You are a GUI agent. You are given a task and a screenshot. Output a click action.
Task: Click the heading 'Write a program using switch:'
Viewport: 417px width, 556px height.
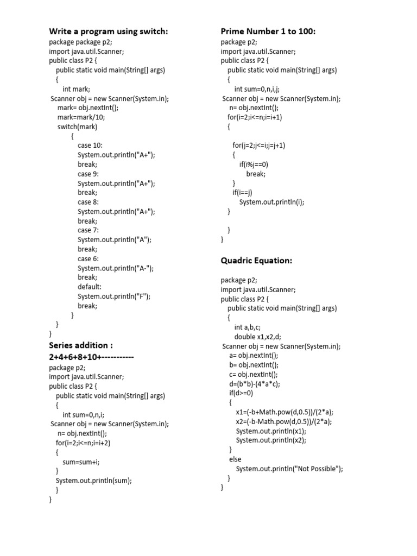point(109,31)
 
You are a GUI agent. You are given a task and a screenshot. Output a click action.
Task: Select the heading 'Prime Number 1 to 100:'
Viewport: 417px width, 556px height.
point(268,31)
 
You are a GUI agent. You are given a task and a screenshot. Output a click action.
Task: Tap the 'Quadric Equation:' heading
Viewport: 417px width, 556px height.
point(256,261)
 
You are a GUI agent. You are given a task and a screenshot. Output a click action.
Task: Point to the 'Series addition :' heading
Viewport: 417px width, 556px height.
point(81,345)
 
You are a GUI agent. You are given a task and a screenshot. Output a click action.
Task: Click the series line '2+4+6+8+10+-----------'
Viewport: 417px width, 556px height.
point(91,357)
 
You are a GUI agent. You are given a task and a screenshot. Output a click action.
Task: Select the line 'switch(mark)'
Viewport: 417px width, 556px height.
point(78,127)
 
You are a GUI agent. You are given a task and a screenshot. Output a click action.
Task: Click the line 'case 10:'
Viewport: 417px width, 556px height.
point(90,146)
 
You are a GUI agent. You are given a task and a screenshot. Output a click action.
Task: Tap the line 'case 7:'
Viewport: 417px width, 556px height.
point(88,230)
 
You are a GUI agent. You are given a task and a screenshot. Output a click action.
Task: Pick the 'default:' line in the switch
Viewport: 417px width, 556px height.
point(90,287)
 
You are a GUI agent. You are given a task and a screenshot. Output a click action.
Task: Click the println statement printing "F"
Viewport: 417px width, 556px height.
point(114,296)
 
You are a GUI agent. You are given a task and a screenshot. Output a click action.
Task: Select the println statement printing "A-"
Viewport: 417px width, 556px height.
point(116,268)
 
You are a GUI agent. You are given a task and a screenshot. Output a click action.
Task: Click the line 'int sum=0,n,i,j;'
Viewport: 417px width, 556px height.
point(257,89)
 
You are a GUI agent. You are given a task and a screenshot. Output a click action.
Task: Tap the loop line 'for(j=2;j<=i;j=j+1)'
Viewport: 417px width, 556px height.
point(259,146)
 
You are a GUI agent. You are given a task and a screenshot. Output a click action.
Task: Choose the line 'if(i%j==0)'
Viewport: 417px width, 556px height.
point(254,165)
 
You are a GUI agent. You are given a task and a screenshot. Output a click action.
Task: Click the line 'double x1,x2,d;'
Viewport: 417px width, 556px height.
point(258,337)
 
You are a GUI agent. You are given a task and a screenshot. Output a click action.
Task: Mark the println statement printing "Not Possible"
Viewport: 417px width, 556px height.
point(289,469)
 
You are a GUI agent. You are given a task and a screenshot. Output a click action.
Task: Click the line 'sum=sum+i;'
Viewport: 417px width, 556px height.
point(81,462)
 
